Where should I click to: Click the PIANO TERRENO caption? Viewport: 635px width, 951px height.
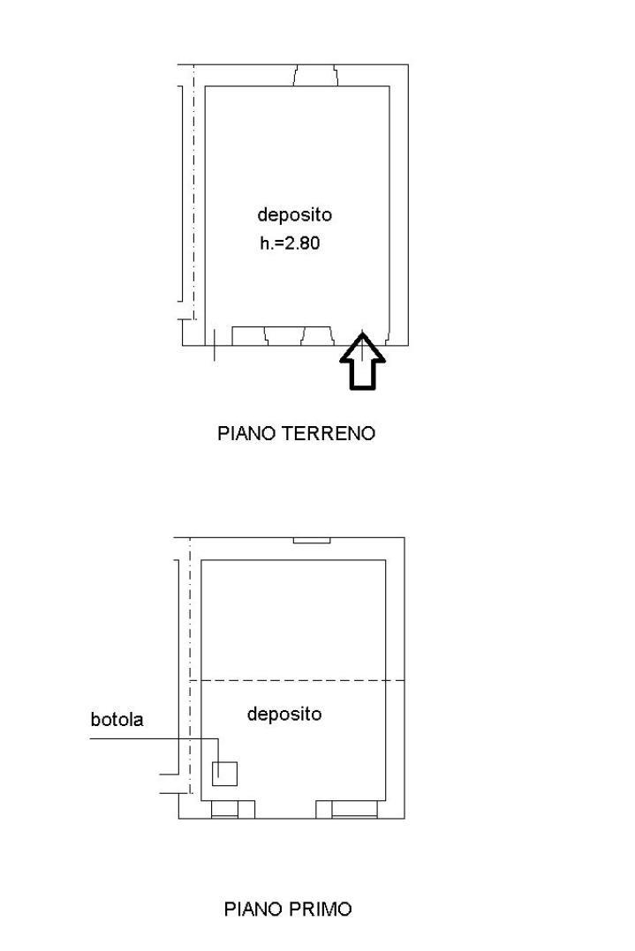296,433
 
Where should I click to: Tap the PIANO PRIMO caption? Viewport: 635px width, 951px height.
288,910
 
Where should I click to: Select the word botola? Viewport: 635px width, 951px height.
117,719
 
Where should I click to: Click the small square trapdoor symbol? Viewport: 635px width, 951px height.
224,774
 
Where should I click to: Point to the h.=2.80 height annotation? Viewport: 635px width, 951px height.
291,243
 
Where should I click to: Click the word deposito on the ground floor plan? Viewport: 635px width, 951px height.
294,214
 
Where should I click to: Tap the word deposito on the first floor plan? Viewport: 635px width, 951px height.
284,714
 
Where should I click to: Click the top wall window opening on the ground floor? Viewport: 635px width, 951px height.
315,75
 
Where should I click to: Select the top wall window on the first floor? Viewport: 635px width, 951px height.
312,540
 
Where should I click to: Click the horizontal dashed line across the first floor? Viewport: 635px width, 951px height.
298,680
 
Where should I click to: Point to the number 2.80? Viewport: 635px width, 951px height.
302,243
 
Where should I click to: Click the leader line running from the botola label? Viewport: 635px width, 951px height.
155,738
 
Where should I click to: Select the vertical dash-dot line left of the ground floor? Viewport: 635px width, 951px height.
193,191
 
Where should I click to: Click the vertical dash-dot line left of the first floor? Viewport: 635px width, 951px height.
190,665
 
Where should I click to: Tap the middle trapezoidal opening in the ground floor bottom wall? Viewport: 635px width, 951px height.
284,336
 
